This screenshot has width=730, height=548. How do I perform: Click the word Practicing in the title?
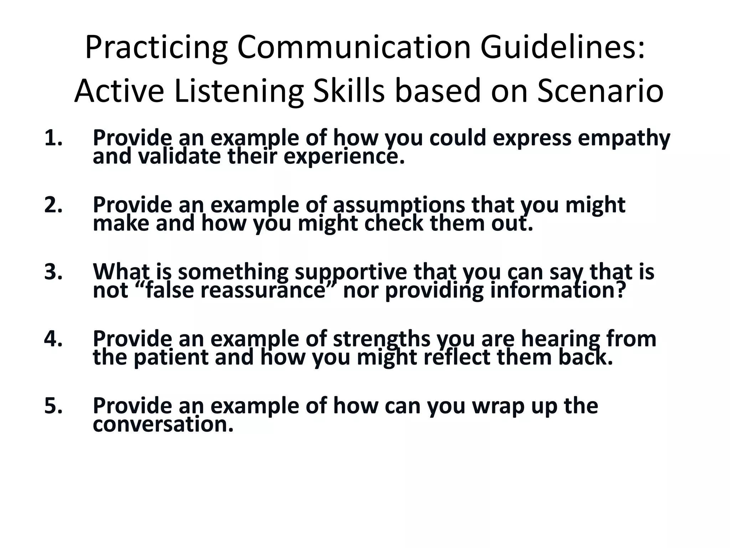(x=156, y=49)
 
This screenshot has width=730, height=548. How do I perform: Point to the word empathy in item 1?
(x=624, y=139)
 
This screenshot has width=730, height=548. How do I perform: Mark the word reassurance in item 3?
(x=262, y=291)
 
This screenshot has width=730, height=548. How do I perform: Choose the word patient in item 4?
(x=171, y=357)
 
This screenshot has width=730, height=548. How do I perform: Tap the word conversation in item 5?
(x=163, y=425)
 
